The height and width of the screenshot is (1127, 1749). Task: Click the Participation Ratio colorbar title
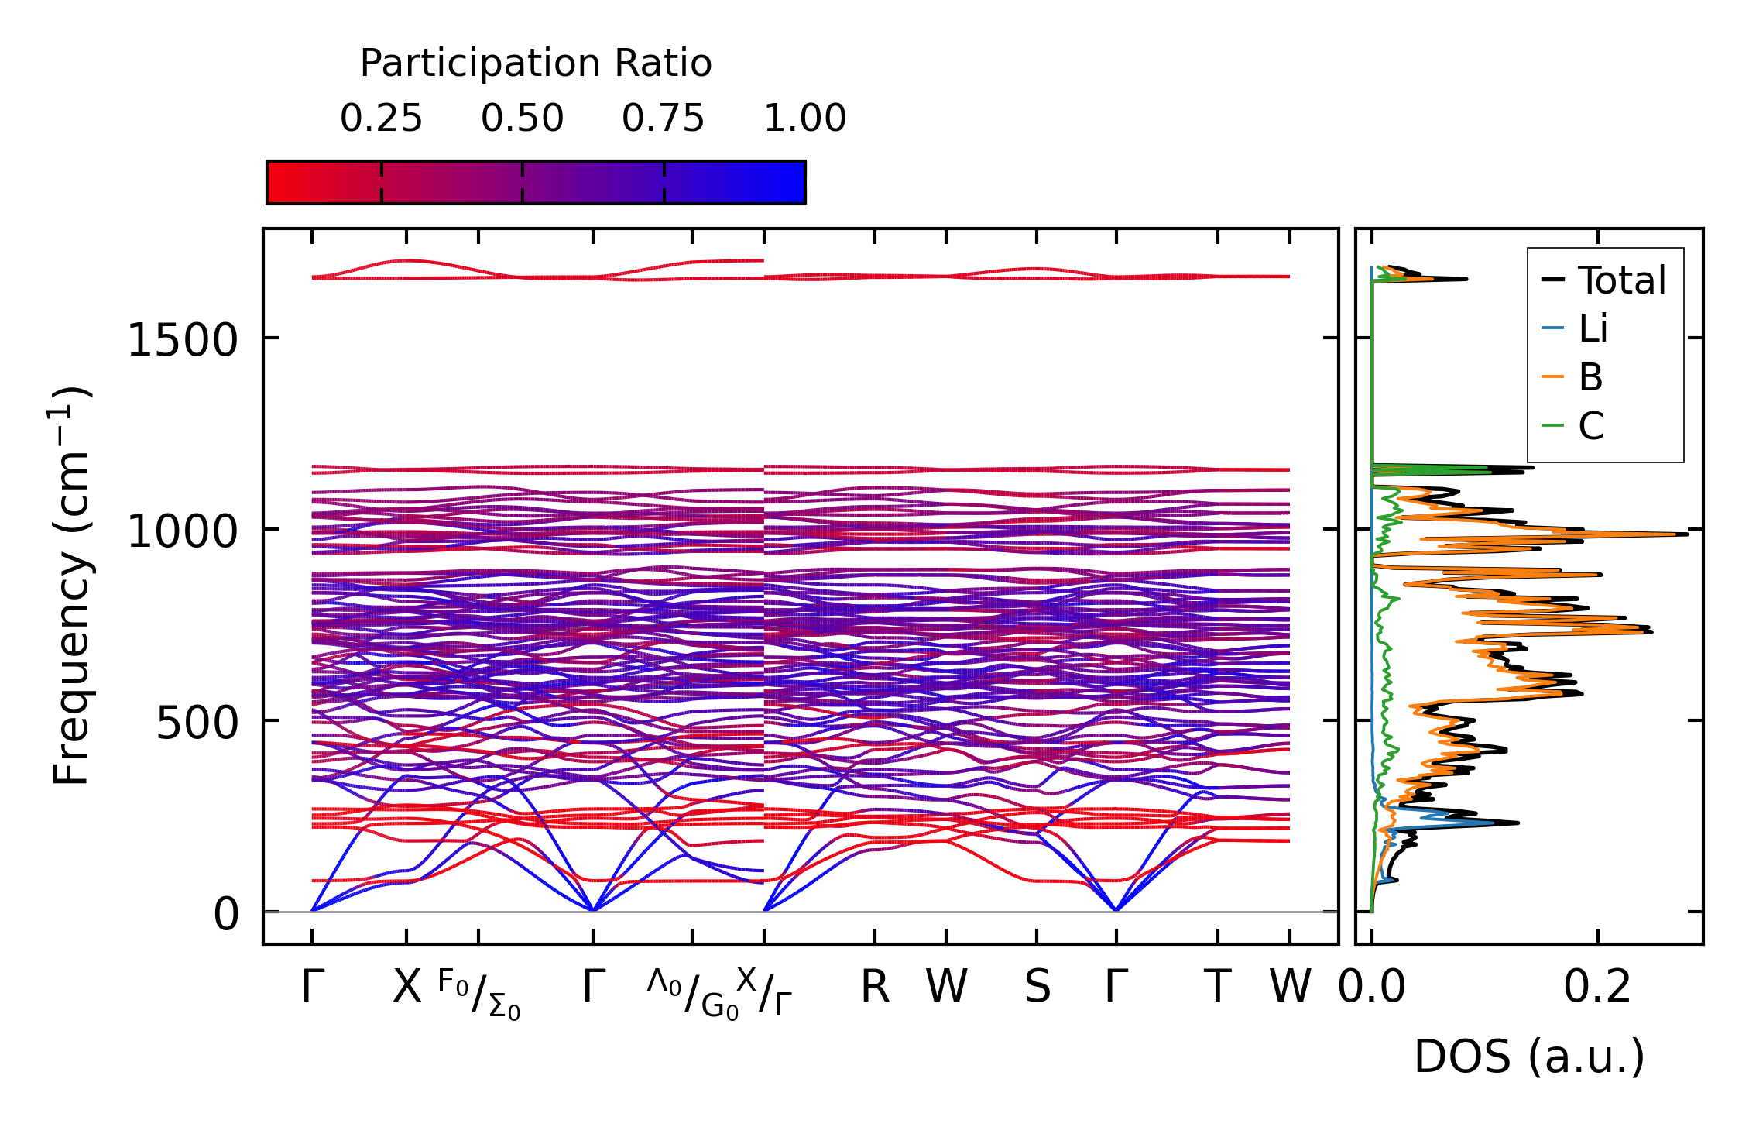click(x=535, y=64)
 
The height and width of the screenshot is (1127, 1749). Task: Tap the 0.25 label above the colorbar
click(x=381, y=119)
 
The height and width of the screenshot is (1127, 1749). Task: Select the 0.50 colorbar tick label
click(x=522, y=119)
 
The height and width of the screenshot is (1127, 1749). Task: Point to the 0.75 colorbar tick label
click(x=663, y=119)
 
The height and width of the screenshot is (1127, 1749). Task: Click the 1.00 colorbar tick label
click(x=804, y=119)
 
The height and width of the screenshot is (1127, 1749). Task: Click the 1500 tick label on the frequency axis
click(x=182, y=340)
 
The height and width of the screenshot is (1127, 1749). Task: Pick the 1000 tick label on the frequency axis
click(x=182, y=531)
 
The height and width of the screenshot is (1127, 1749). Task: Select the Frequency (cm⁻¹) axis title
click(x=71, y=586)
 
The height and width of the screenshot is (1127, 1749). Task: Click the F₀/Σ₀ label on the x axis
click(x=478, y=994)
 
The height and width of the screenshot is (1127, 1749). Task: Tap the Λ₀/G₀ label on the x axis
click(x=692, y=994)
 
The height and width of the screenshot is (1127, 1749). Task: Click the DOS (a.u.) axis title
click(x=1529, y=1057)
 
